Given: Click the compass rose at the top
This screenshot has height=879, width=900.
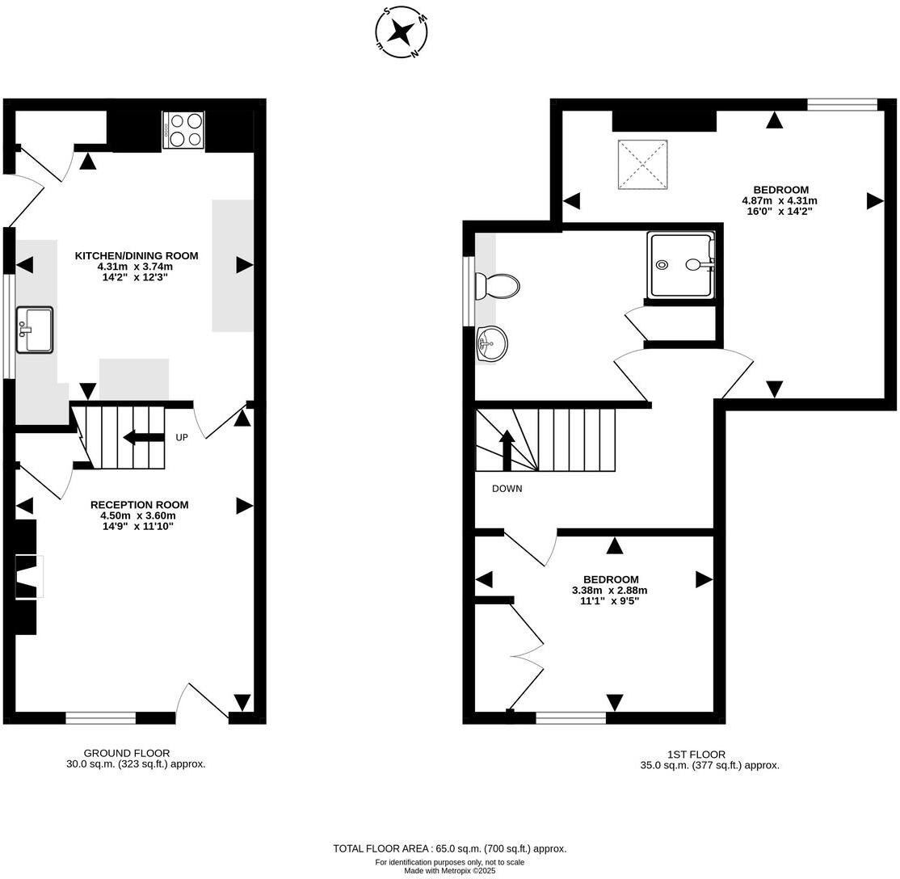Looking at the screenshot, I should (x=402, y=32).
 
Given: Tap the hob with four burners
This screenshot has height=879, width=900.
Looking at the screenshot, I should (x=183, y=129).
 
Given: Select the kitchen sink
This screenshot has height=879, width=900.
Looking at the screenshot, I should (x=34, y=330).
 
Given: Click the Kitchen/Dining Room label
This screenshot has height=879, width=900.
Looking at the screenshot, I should (x=137, y=255).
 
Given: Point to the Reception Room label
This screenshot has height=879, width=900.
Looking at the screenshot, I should (x=139, y=505).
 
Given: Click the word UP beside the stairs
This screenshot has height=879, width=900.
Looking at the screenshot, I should (x=182, y=438).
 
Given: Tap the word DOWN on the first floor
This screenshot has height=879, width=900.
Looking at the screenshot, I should (x=507, y=489).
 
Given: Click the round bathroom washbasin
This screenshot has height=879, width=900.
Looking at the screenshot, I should (x=491, y=344).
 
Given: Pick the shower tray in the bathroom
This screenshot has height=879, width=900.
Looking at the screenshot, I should (x=682, y=265).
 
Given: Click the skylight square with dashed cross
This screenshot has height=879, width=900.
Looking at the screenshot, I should (x=642, y=165).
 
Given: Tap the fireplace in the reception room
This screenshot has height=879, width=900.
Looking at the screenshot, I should (x=28, y=577).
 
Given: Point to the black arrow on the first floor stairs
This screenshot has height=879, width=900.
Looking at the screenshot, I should (x=507, y=450).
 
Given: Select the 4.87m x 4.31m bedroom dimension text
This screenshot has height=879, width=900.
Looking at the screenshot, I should (x=780, y=201).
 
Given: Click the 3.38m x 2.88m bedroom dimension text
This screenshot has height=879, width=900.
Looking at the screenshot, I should (x=610, y=591).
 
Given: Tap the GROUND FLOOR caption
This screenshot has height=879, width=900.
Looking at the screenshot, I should (x=127, y=753).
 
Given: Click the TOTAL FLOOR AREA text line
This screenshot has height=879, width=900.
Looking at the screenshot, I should (x=449, y=848).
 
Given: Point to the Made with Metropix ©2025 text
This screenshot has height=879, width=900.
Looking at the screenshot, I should (x=449, y=871).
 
